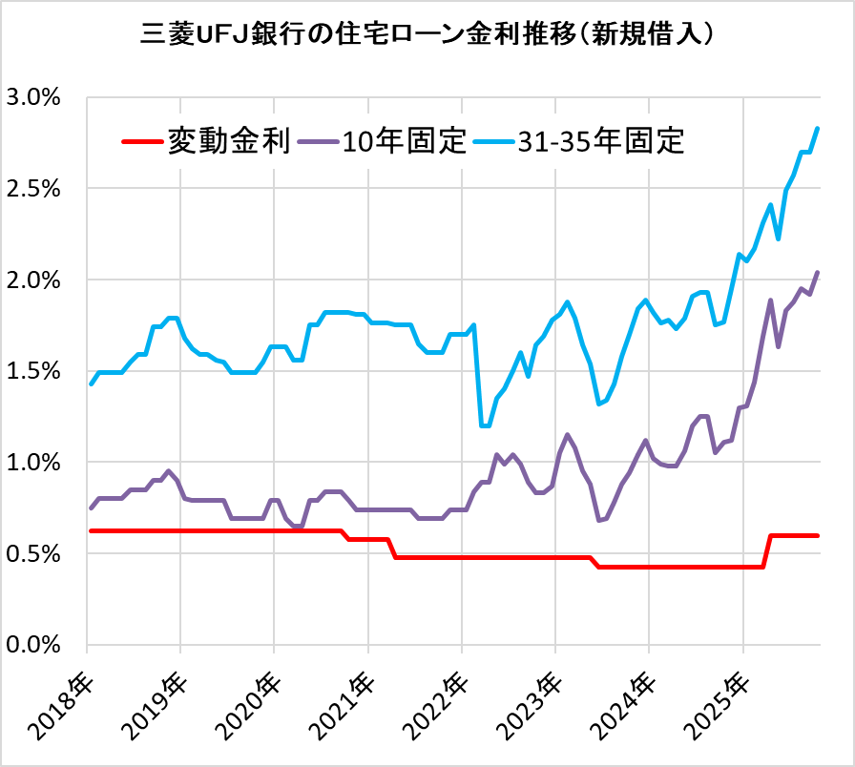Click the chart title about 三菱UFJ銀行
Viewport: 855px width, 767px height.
point(427,35)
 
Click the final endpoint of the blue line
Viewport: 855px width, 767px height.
point(818,128)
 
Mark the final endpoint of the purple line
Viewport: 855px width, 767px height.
point(818,273)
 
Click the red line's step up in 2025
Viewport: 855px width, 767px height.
point(767,551)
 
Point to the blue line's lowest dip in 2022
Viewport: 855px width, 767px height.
point(485,425)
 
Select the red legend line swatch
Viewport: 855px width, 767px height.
point(142,143)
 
